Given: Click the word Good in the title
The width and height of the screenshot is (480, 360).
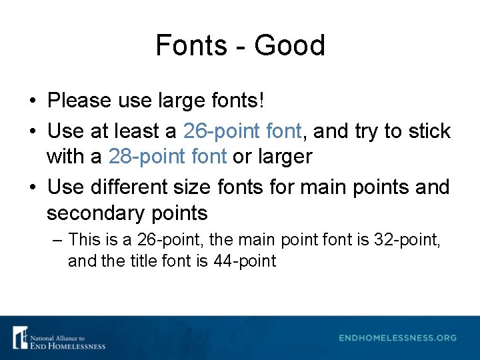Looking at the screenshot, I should point(289,45).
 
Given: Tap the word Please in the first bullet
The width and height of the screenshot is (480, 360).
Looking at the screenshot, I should point(79,101).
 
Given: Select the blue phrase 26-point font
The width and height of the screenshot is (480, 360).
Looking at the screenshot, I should point(242,131).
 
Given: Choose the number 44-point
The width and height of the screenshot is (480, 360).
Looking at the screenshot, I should point(245,261).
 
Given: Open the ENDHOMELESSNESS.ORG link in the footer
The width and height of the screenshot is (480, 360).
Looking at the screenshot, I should point(397,338).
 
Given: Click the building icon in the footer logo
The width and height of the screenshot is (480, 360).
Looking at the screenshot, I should point(21,337).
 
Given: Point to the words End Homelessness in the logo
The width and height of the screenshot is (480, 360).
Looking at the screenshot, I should point(67,345).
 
